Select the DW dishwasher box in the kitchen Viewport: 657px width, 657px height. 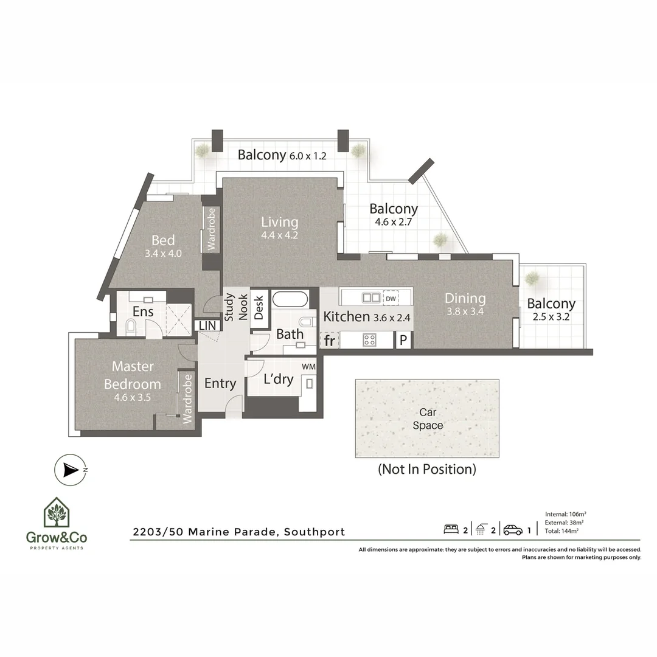pos(391,298)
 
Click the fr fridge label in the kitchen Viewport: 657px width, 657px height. pos(329,341)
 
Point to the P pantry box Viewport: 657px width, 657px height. pos(403,341)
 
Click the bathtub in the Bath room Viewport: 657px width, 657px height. pos(290,299)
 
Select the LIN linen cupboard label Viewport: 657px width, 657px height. pos(207,326)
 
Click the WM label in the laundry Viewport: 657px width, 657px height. pos(308,367)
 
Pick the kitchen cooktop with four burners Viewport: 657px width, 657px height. pos(369,340)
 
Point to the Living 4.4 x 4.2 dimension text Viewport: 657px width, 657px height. pos(280,235)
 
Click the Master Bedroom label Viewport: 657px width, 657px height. pos(132,375)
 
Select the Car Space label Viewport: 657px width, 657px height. pos(428,419)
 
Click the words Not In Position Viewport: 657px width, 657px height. pos(427,469)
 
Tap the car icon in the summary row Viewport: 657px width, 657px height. pos(513,530)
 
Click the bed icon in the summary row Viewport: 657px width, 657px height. pos(451,530)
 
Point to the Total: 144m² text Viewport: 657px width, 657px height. pos(562,530)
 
